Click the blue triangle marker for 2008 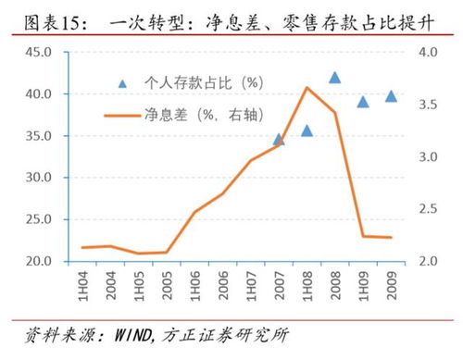coord(334,79)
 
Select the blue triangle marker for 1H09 coord(363,102)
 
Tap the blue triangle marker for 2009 coord(391,96)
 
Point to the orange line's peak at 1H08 coord(307,88)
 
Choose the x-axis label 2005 coord(167,281)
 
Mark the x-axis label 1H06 coord(194,281)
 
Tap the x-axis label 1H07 coord(250,281)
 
